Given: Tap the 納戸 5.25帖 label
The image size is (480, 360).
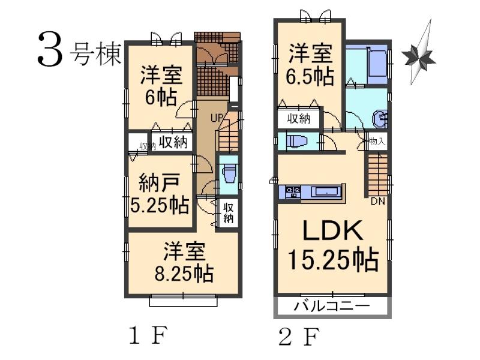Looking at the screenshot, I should (160, 193).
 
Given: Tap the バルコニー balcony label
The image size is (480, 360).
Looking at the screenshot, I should (331, 307).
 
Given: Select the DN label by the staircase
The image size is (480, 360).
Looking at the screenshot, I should (377, 201).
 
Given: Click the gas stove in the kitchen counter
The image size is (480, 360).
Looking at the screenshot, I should (293, 193).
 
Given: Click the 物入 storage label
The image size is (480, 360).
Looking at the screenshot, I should (376, 143).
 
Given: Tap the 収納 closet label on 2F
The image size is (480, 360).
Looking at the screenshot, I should (298, 118).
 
